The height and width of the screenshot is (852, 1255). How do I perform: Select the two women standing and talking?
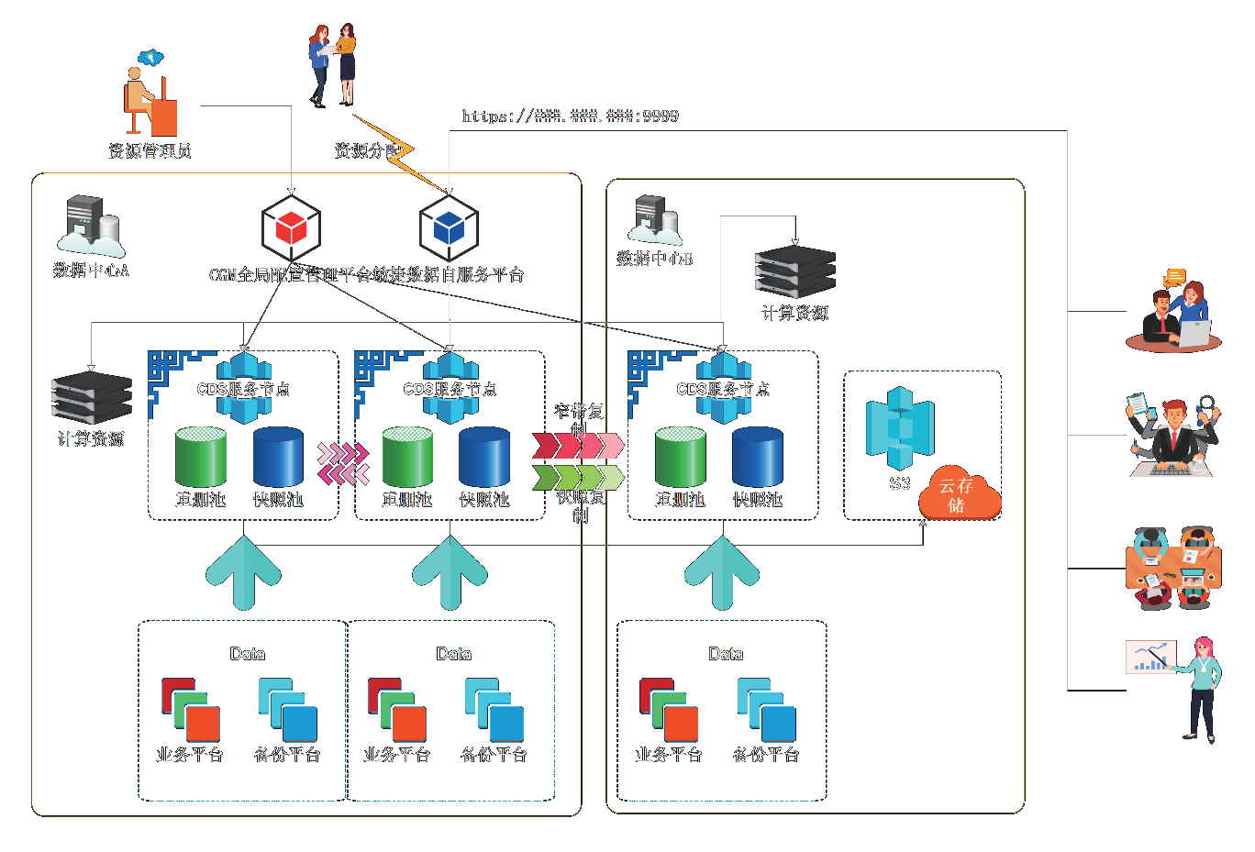tap(332, 65)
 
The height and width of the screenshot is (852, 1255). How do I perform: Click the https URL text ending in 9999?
tap(570, 116)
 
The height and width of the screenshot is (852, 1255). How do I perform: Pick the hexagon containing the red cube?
tap(291, 227)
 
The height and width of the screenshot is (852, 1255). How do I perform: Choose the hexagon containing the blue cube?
tap(450, 227)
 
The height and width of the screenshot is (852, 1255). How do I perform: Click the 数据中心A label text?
tap(91, 271)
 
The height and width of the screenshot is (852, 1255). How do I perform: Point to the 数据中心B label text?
tap(654, 259)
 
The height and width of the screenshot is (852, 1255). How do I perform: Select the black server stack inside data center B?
tap(794, 271)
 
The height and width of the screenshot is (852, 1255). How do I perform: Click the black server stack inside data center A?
tap(92, 398)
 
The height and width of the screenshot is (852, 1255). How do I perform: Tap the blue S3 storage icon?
tap(900, 428)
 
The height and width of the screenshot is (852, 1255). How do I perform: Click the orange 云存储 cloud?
tap(959, 494)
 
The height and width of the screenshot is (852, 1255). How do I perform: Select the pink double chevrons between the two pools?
tap(343, 463)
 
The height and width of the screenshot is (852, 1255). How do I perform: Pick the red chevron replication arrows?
tap(578, 446)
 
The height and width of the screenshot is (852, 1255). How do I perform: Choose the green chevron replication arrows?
tap(578, 477)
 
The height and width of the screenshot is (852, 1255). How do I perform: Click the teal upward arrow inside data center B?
tap(722, 572)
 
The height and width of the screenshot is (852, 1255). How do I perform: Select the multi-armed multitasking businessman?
tap(1173, 436)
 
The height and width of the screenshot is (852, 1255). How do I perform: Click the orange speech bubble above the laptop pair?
tap(1174, 276)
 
